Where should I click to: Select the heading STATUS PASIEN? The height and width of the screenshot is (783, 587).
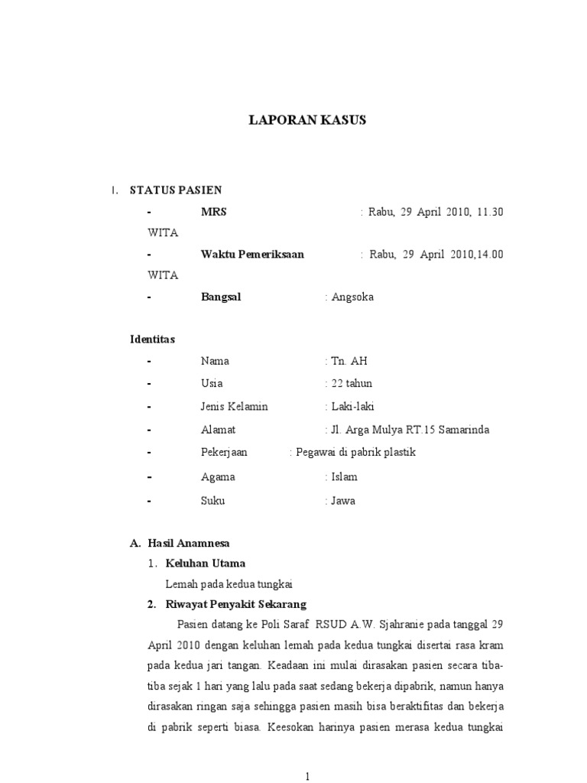(x=176, y=190)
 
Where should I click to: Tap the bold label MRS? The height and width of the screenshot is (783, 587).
(x=213, y=212)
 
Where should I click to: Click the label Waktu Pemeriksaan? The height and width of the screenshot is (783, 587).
(x=252, y=254)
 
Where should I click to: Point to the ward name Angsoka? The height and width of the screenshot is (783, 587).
(x=352, y=297)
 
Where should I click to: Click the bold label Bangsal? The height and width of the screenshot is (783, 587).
(x=221, y=297)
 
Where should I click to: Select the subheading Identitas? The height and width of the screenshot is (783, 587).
(x=153, y=339)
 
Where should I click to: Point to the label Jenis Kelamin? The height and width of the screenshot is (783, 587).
(x=235, y=406)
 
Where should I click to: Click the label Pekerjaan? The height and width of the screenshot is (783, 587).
(x=225, y=452)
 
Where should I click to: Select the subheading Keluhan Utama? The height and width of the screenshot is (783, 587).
(x=206, y=564)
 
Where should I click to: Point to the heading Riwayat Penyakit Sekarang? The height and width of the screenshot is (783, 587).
(x=236, y=604)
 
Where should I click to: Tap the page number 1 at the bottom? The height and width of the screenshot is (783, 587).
(x=307, y=777)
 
